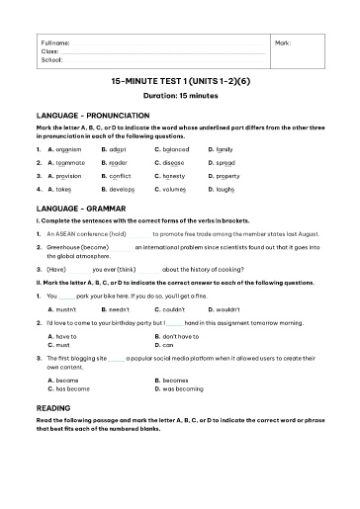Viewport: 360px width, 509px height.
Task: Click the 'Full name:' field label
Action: coord(54,43)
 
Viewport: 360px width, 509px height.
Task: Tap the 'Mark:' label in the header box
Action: coord(283,43)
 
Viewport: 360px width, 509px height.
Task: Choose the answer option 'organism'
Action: coord(63,148)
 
